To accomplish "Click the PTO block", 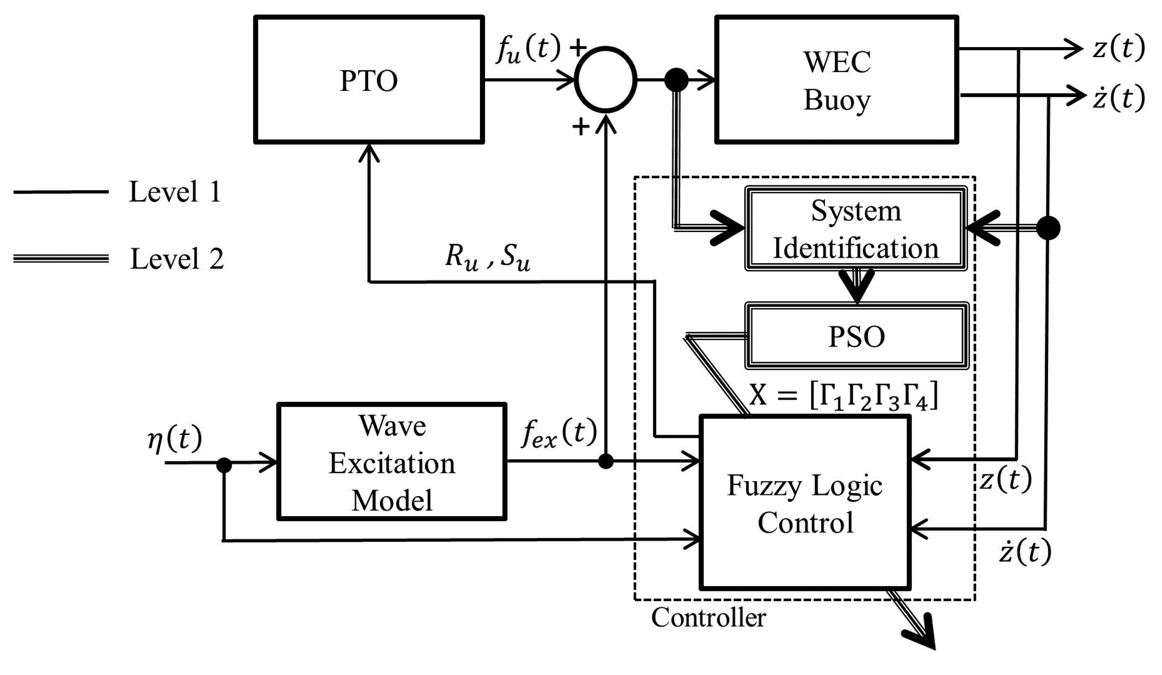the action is pos(369,80).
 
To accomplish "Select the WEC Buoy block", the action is pos(837,80).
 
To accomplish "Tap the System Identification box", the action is pos(856,228).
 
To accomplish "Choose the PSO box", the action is pos(857,336).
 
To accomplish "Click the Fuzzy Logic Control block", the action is pos(805,503).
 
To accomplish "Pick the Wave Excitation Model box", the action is pos(392,462).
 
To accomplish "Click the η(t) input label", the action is pos(175,439).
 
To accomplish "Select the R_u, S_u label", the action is pos(488,257).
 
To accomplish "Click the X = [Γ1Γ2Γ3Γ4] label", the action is pos(843,396).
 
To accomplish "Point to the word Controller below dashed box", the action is pos(708,617).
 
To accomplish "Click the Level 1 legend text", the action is pos(175,192).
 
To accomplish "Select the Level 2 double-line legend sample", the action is pos(61,259).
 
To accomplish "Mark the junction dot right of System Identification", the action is pos(1049,228).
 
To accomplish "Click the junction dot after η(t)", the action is pos(224,465).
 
